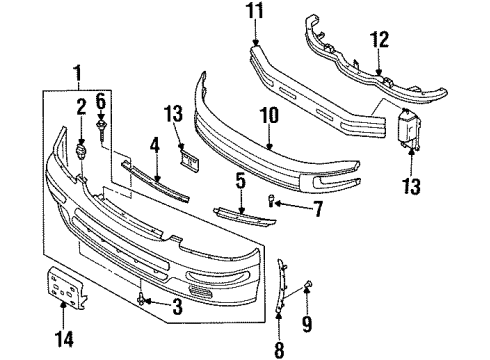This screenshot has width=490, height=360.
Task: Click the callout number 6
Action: (x=101, y=102)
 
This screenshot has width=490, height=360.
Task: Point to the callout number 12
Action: (x=378, y=41)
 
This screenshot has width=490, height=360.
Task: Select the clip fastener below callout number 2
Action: (x=81, y=149)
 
